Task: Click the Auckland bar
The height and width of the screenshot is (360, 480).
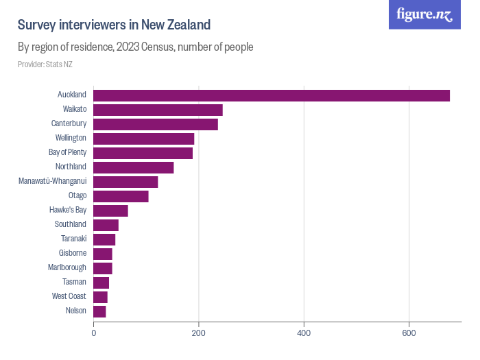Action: pyautogui.click(x=272, y=95)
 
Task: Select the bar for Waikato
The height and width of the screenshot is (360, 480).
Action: pyautogui.click(x=158, y=110)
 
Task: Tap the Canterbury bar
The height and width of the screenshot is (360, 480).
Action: pyautogui.click(x=156, y=124)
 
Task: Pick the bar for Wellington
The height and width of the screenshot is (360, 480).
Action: pyautogui.click(x=144, y=139)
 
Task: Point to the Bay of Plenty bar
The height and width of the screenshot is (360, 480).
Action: pyautogui.click(x=143, y=153)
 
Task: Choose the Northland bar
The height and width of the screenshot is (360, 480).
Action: pyautogui.click(x=134, y=167)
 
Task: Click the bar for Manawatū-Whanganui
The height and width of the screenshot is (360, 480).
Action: pyautogui.click(x=125, y=182)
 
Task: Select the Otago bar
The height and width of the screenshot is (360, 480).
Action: pyautogui.click(x=121, y=196)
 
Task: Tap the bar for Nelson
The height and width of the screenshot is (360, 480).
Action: pyautogui.click(x=99, y=311)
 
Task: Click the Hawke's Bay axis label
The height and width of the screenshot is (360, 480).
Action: pyautogui.click(x=68, y=210)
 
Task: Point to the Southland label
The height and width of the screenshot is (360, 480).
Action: pyautogui.click(x=71, y=224)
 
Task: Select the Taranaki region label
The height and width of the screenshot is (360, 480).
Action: pyautogui.click(x=73, y=239)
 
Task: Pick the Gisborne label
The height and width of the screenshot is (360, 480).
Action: pyautogui.click(x=73, y=253)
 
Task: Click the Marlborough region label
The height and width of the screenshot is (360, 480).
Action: pyautogui.click(x=67, y=267)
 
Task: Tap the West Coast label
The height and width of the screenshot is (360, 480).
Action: pyautogui.click(x=69, y=296)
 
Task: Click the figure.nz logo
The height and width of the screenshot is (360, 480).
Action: pyautogui.click(x=424, y=14)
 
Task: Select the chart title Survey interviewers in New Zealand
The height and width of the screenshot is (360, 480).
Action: pyautogui.click(x=114, y=25)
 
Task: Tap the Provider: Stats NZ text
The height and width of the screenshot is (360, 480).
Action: pyautogui.click(x=45, y=64)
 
